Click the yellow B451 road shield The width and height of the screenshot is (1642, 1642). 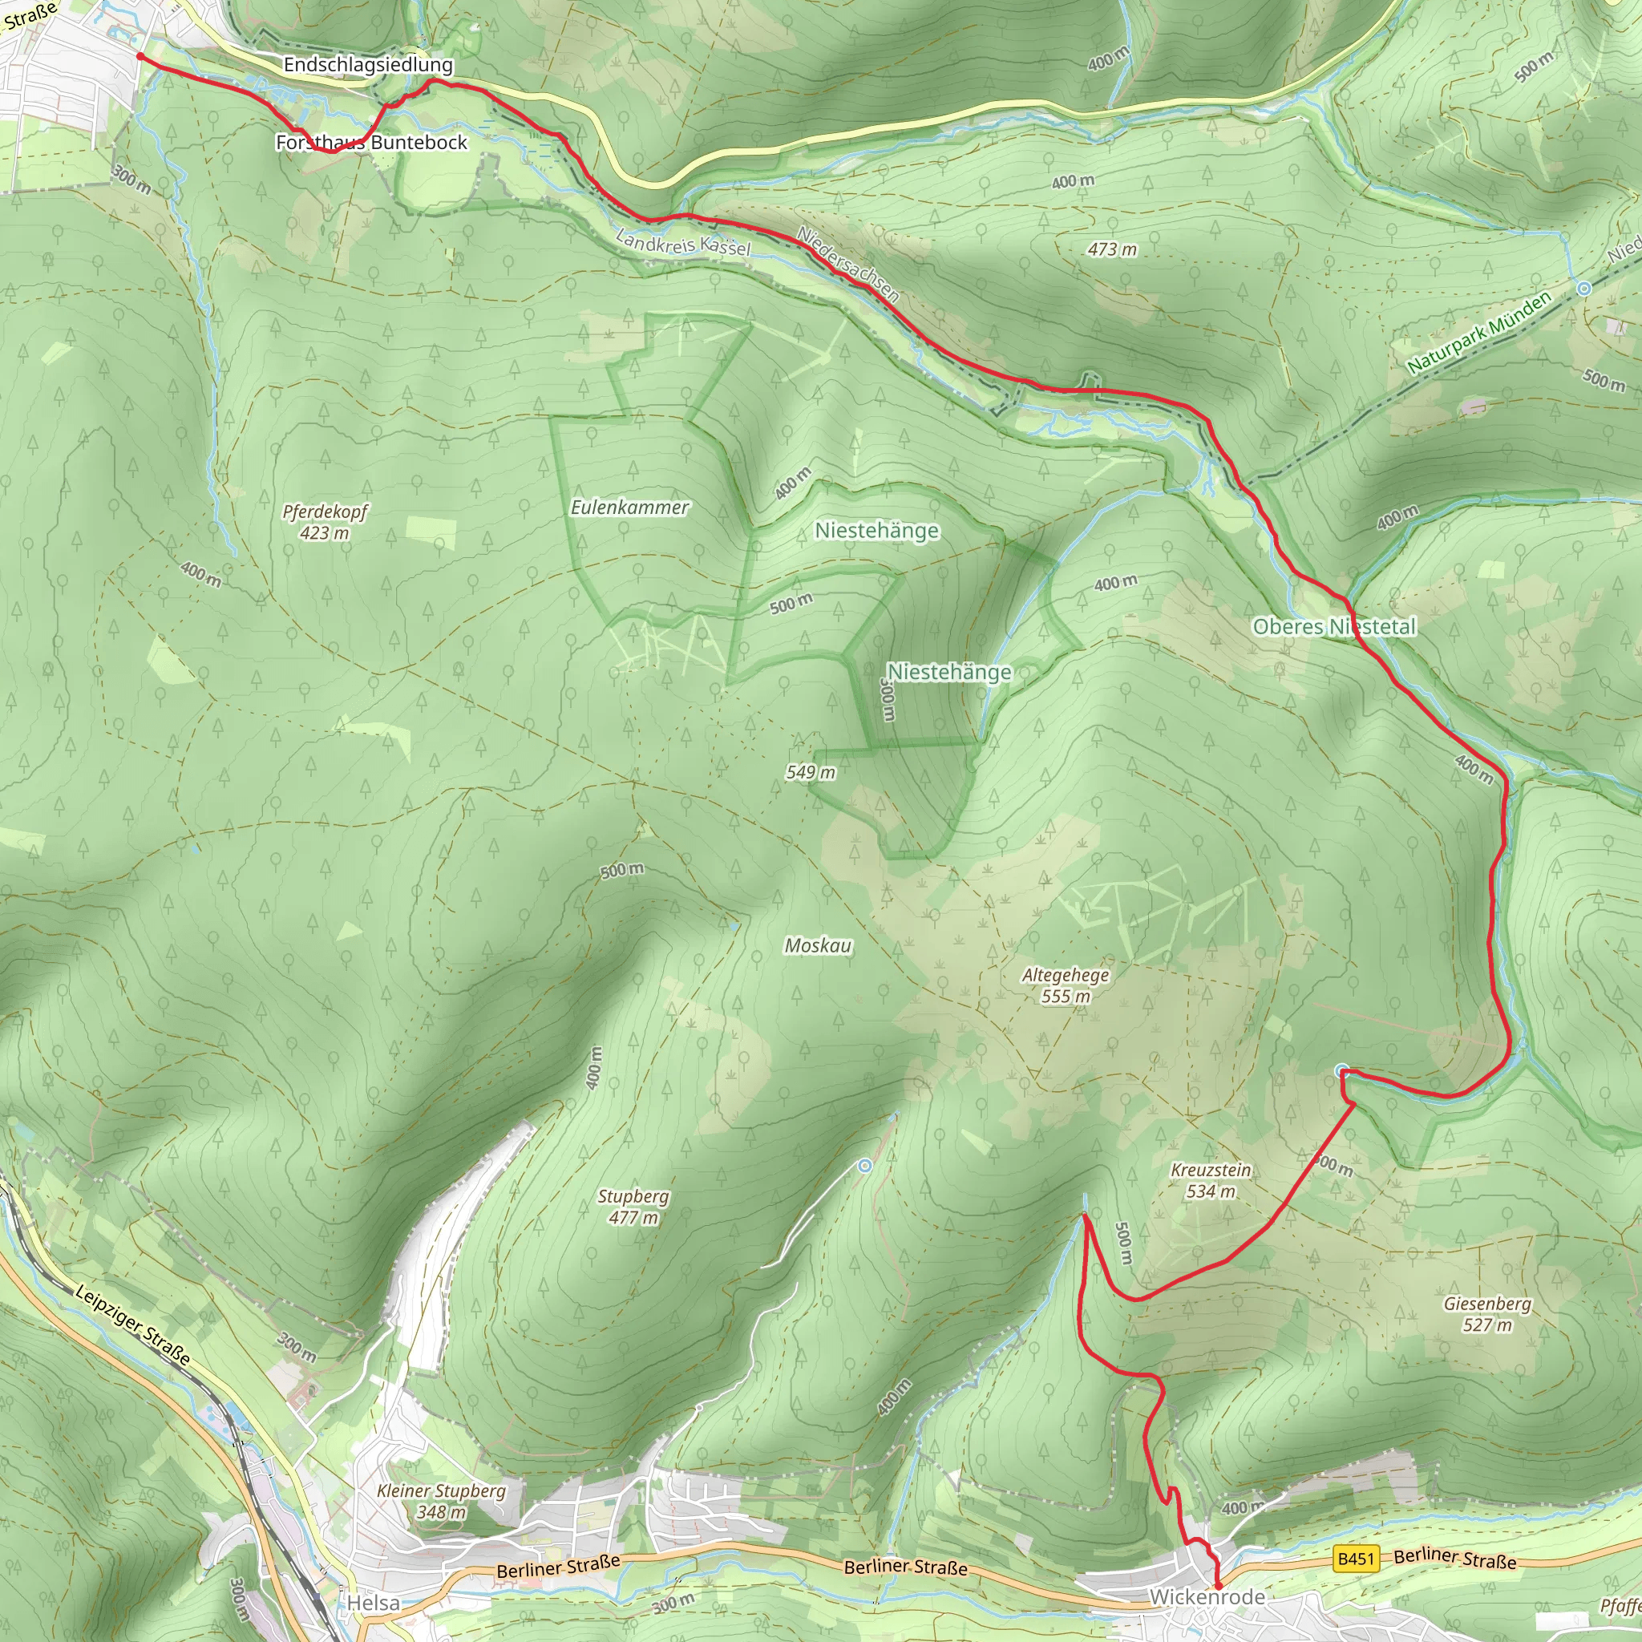(1356, 1559)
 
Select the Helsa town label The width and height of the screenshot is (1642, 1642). (373, 1603)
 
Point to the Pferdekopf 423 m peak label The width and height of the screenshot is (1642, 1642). (325, 522)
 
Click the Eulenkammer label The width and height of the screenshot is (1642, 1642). (629, 508)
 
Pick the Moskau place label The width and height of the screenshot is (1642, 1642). (818, 946)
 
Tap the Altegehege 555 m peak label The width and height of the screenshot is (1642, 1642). (1066, 985)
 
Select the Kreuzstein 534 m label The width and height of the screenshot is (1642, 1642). (1210, 1180)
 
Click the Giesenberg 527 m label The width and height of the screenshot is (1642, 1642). (1487, 1314)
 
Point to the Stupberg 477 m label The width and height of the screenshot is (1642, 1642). (633, 1207)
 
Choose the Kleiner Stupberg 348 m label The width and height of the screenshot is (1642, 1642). (441, 1501)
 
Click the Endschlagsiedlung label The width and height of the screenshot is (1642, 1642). (368, 65)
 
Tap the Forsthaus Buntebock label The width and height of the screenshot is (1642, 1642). (371, 142)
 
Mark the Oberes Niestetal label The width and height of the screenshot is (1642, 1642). (1334, 626)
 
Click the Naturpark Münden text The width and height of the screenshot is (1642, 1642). (1478, 332)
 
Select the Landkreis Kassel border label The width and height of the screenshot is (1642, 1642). (683, 242)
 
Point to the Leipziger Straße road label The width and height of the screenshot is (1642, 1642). (132, 1325)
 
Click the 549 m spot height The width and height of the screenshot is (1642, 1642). (810, 772)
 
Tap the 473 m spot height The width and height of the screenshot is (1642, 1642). (1112, 249)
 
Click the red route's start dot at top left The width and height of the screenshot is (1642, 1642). (140, 56)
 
